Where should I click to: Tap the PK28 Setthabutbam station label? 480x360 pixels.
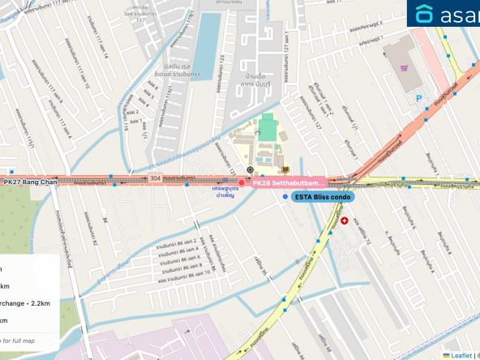pos(287,183)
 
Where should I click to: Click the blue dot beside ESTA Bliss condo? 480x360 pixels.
pos(285,197)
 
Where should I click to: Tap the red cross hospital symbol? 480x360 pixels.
pos(345,220)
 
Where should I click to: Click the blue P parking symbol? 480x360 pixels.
pos(418,98)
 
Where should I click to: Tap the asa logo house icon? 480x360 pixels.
pos(425,14)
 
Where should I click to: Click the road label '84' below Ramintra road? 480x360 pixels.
pos(105,220)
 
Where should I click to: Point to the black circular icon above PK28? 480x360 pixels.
pos(250,169)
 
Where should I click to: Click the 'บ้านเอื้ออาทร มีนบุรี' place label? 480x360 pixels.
pos(251,103)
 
